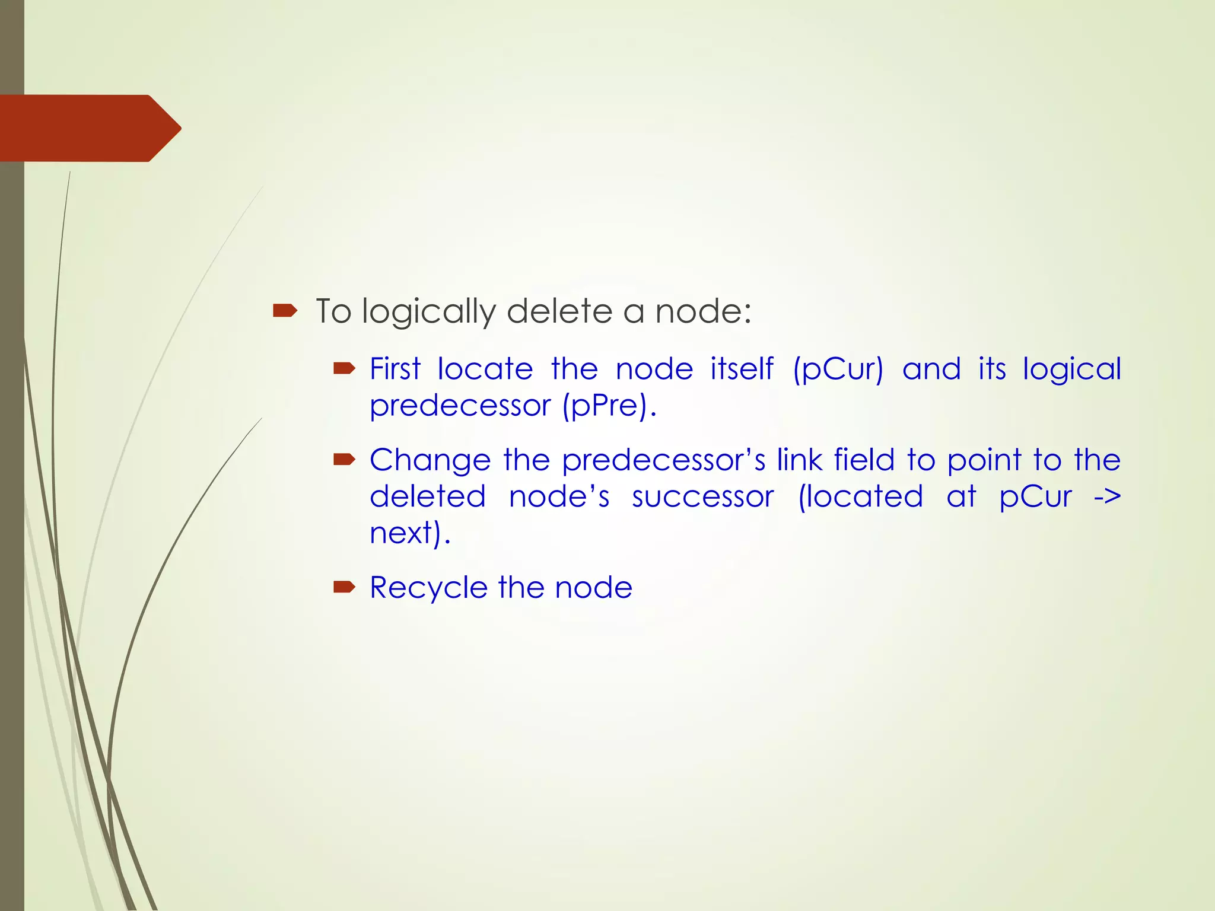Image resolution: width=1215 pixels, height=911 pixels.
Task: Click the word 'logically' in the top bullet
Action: pos(428,311)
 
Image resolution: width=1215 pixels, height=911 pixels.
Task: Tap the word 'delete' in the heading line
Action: pos(559,311)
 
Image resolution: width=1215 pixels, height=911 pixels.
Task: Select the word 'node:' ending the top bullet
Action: pos(703,311)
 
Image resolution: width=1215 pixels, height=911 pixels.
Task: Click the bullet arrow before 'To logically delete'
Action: pos(285,310)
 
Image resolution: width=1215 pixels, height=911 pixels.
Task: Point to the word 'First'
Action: pos(395,369)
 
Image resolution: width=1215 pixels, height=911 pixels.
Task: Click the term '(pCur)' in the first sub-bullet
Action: pos(838,369)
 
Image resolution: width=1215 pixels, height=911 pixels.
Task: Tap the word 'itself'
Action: pos(742,369)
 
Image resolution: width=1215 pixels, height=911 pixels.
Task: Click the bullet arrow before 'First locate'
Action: pos(344,369)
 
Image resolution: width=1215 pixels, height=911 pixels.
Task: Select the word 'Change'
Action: pos(430,460)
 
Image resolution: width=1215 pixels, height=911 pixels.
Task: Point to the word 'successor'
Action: pos(703,497)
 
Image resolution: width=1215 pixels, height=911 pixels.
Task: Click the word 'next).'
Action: pos(410,533)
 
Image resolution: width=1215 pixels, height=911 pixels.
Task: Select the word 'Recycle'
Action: pos(428,588)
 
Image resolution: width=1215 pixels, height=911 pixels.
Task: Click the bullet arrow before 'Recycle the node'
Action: pos(344,587)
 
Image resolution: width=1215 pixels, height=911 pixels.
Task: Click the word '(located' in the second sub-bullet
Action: pos(860,497)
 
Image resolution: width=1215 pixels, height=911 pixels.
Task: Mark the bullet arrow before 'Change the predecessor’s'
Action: pos(344,459)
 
